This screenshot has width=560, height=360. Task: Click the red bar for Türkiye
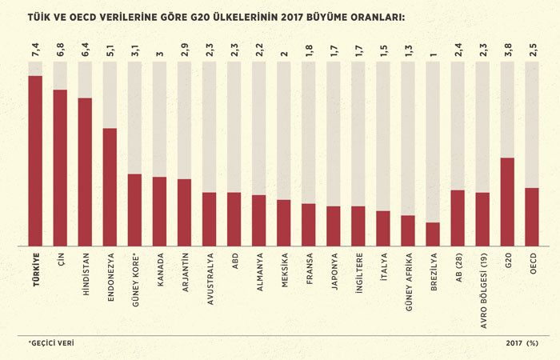pos(35,160)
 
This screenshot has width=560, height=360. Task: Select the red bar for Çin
pos(60,167)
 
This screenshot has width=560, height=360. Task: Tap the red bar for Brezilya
pos(433,234)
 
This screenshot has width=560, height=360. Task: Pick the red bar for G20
pos(507,201)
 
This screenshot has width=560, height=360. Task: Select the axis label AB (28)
pos(458,267)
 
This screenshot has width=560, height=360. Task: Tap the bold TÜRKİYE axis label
pos(35,269)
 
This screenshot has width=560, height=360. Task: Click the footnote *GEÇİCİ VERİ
pos(51,343)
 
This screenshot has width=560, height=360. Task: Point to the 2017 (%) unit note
pos(522,343)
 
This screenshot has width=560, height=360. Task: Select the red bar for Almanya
pos(259,220)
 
